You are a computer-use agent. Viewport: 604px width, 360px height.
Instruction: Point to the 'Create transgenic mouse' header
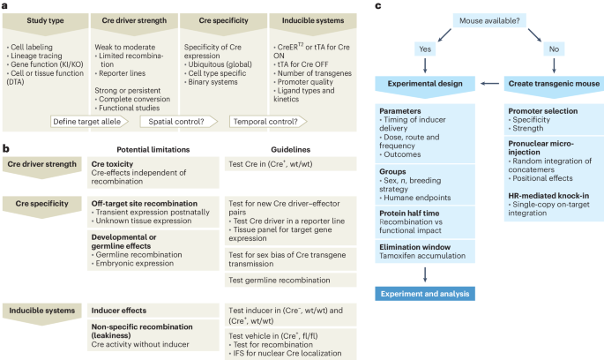pyautogui.click(x=551, y=83)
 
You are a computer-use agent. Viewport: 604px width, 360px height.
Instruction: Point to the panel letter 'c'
pyautogui.click(x=378, y=6)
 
